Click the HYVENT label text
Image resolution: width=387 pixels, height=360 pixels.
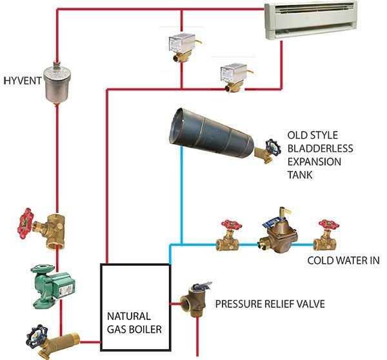[22, 81]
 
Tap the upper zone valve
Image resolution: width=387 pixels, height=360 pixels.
[181, 46]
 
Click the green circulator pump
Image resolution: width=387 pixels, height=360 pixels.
[53, 283]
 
